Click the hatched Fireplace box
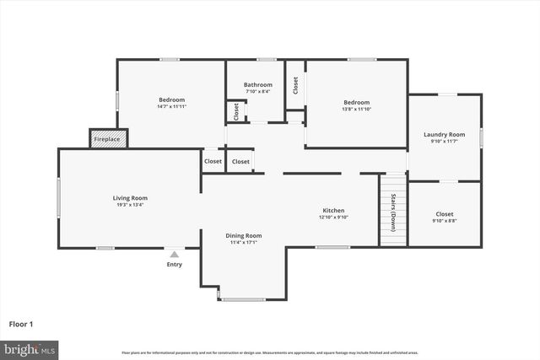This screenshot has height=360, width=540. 109,139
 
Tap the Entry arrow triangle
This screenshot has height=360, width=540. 175,253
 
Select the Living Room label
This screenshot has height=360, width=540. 130,198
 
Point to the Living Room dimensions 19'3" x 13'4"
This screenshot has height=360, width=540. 130,205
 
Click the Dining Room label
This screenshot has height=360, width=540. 243,235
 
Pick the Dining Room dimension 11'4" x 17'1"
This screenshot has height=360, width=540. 243,242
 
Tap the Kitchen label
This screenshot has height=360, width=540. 334,210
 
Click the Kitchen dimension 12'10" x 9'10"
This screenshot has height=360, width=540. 334,217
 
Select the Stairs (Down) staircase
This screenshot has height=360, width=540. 393,211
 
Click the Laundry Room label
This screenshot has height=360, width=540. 444,134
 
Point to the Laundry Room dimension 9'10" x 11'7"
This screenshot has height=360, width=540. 444,141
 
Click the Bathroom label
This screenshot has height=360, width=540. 258,84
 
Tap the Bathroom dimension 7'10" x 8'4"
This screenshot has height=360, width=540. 258,91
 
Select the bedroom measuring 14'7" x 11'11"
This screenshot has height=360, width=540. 170,103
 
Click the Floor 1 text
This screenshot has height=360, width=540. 22,323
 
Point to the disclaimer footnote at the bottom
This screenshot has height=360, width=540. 269,352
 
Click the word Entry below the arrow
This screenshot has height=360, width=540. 175,264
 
